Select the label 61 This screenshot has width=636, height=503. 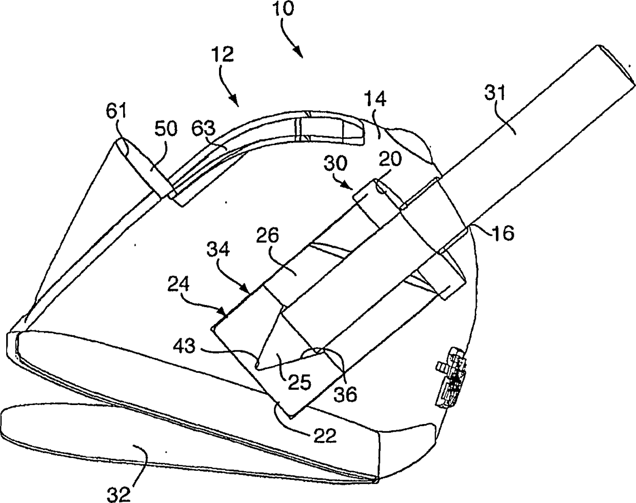pos(117,110)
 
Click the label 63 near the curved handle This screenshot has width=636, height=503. pos(204,127)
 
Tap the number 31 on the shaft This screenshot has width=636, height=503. pos(494,93)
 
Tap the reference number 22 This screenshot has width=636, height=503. pos(324,436)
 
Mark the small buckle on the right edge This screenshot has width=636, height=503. pos(451,377)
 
